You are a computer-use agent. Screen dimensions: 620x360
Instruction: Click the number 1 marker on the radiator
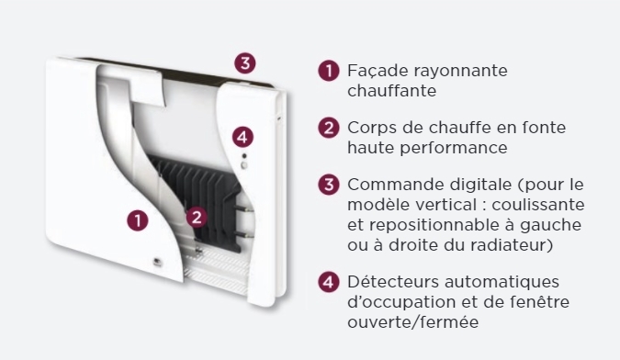[138, 220]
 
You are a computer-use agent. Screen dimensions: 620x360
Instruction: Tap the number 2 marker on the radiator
[197, 217]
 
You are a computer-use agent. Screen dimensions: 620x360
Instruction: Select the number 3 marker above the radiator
[245, 62]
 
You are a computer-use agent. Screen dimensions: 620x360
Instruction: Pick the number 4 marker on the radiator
[242, 137]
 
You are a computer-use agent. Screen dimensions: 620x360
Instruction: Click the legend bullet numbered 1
[329, 71]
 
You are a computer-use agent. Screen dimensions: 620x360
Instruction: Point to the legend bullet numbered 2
[329, 128]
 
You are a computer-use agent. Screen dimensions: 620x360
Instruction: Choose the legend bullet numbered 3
[329, 185]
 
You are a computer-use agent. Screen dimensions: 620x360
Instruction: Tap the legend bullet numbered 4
[329, 282]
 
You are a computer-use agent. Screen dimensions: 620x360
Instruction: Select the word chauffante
[392, 91]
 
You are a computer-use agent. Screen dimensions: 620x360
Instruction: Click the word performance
[454, 148]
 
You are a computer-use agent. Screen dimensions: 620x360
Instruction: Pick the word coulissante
[538, 205]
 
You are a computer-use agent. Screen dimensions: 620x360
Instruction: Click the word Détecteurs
[393, 282]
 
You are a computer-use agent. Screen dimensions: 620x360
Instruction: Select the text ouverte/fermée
[412, 322]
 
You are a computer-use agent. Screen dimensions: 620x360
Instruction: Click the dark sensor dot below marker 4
[244, 156]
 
